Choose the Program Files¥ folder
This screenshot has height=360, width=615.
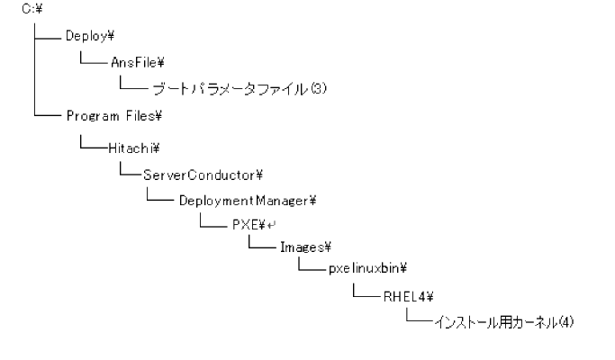(113, 116)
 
